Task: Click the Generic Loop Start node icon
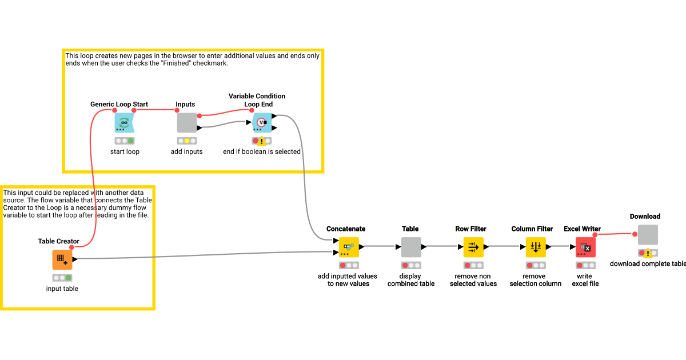pyautogui.click(x=124, y=122)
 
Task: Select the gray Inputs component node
pyautogui.click(x=187, y=122)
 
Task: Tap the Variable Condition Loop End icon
pyautogui.click(x=262, y=122)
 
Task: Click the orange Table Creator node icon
pyautogui.click(x=62, y=259)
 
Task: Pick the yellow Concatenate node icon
pyautogui.click(x=349, y=247)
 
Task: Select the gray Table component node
pyautogui.click(x=411, y=247)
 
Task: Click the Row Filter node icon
pyautogui.click(x=473, y=247)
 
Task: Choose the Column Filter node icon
pyautogui.click(x=536, y=247)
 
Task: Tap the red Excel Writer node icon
pyautogui.click(x=585, y=247)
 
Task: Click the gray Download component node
pyautogui.click(x=648, y=234)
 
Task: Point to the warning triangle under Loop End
pyautogui.click(x=262, y=141)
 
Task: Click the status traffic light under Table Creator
pyautogui.click(x=62, y=278)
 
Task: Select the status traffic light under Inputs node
pyautogui.click(x=187, y=141)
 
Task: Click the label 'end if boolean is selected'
pyautogui.click(x=262, y=151)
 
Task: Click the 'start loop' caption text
pyautogui.click(x=125, y=151)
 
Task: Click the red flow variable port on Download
pyautogui.click(x=635, y=234)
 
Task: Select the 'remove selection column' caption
pyautogui.click(x=536, y=279)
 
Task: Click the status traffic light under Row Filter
pyautogui.click(x=473, y=265)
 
